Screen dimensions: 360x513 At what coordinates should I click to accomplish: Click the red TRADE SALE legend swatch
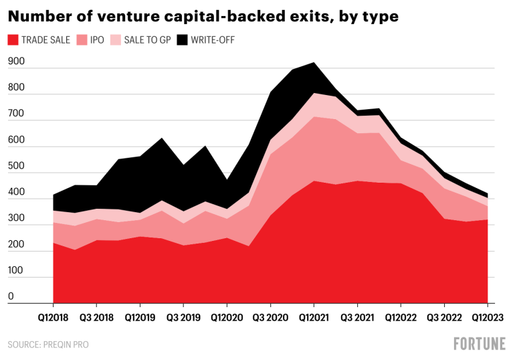tap(13, 40)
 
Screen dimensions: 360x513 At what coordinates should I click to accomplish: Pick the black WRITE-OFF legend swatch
tap(182, 40)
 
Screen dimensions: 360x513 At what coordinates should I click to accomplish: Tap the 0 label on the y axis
tap(11, 296)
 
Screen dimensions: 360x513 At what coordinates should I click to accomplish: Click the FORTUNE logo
tap(479, 344)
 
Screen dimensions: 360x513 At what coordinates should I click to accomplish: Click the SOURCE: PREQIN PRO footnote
tap(47, 345)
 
